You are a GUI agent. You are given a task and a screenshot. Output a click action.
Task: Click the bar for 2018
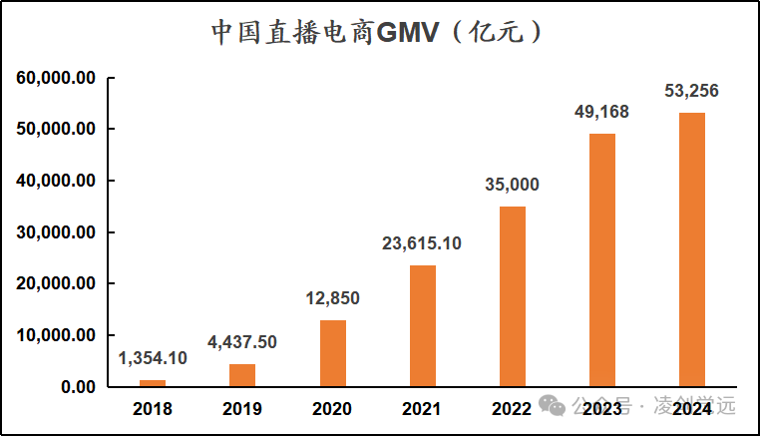(x=153, y=383)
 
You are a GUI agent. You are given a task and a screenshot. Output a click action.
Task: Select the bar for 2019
(x=242, y=375)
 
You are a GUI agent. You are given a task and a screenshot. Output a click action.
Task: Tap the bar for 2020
(x=332, y=353)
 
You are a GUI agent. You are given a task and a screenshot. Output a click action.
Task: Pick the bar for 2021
(x=422, y=325)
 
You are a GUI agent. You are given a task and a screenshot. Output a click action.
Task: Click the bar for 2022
(x=512, y=296)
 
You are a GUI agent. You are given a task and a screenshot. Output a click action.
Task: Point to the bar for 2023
(x=601, y=259)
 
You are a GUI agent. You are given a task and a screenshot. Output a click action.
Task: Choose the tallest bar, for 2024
(x=691, y=249)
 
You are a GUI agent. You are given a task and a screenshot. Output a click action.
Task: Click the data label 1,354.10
(x=153, y=358)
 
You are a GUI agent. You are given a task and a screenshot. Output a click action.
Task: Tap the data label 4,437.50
(x=242, y=342)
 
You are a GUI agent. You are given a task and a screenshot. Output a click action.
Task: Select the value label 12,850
(x=332, y=298)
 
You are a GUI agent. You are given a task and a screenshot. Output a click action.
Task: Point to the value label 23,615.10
(x=422, y=243)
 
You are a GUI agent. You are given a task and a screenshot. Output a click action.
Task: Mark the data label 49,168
(x=601, y=112)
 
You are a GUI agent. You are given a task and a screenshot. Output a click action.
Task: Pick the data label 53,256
(x=691, y=91)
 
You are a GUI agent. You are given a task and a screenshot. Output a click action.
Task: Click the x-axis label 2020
(x=332, y=408)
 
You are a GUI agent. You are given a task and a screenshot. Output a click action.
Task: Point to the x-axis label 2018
(x=153, y=408)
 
